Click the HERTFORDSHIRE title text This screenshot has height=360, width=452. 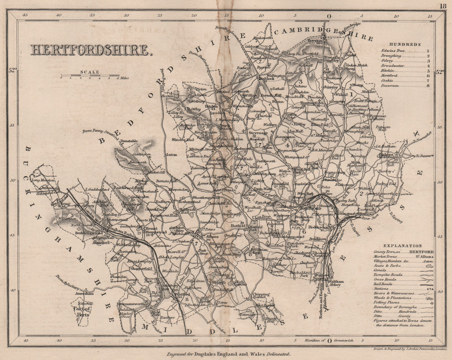tap(90, 49)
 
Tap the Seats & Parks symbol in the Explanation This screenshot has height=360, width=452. tap(429, 266)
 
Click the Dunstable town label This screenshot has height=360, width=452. tap(129, 141)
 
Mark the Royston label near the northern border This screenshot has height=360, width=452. tap(311, 40)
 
